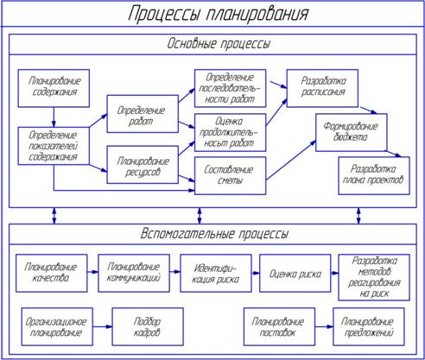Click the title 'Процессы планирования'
coord(218,14)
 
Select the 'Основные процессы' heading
coord(219,44)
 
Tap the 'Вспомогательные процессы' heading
coord(214,234)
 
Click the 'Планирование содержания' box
coord(54,88)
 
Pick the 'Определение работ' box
coord(143,114)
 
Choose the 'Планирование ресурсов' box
coord(143,165)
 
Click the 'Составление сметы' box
coord(230,175)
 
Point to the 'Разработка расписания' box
coord(322,88)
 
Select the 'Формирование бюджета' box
coord(352,132)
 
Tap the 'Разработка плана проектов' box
coord(374,175)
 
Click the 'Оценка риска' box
coord(295,273)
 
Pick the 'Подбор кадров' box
coord(148,326)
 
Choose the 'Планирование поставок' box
coord(279,326)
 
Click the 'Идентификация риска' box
coord(216,273)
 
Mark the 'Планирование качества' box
coord(52,273)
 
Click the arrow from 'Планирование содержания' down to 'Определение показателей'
coord(54,117)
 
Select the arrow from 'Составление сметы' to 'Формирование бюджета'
coord(291,161)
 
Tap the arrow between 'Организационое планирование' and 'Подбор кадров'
coord(103,326)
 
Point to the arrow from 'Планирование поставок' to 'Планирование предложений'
coord(324,326)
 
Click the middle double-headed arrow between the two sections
coord(200,216)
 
